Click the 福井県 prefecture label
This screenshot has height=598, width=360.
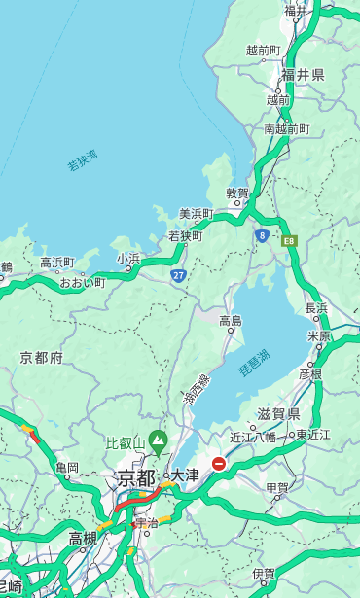tap(304, 75)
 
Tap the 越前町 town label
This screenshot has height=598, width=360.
tap(263, 51)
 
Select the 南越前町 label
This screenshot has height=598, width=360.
tap(286, 129)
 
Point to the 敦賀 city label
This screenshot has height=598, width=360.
tap(238, 193)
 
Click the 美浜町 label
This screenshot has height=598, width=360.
tap(197, 214)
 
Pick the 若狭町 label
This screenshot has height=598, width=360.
tap(185, 236)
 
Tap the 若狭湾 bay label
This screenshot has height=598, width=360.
tap(83, 161)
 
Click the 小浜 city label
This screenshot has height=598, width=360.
tap(128, 259)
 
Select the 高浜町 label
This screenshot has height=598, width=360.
tap(56, 263)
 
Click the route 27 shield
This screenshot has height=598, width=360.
tap(179, 276)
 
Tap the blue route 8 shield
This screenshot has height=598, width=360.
tap(262, 235)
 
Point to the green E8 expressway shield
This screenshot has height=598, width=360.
tap(289, 238)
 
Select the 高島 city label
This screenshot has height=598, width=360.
tap(231, 321)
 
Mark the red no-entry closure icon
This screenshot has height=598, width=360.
tap(220, 465)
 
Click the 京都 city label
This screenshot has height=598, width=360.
tap(136, 478)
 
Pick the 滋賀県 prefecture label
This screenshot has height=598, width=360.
tap(278, 414)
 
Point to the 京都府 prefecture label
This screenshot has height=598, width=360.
tap(42, 358)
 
